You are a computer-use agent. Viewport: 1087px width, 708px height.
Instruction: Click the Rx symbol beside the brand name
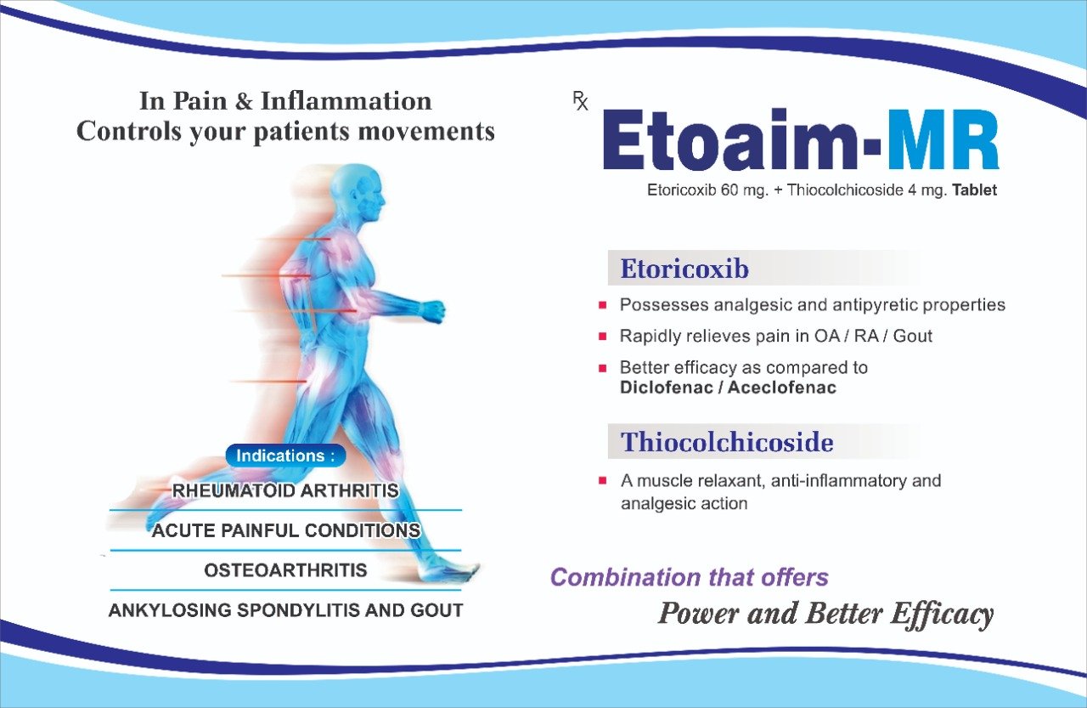pyautogui.click(x=580, y=101)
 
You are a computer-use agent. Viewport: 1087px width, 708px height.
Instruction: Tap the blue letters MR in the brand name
pyautogui.click(x=942, y=139)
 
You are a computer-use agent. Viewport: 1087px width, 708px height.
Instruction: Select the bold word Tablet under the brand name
pyautogui.click(x=974, y=190)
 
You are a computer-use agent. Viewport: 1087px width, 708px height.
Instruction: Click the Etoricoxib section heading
pyautogui.click(x=684, y=269)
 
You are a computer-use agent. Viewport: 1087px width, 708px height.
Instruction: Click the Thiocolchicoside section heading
pyautogui.click(x=727, y=442)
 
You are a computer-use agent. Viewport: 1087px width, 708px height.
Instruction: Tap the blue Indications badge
pyautogui.click(x=286, y=456)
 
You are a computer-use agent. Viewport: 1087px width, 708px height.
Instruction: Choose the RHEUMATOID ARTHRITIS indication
pyautogui.click(x=285, y=490)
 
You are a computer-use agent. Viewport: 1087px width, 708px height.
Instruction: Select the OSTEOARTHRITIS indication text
pyautogui.click(x=285, y=570)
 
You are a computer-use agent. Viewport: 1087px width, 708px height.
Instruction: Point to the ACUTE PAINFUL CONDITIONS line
pyautogui.click(x=286, y=530)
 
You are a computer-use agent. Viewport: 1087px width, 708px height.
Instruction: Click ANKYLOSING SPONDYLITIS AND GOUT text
pyautogui.click(x=286, y=610)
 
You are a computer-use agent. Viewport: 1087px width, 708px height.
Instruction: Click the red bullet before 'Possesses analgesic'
pyautogui.click(x=603, y=305)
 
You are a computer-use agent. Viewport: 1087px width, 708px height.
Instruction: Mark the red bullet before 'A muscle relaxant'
pyautogui.click(x=603, y=481)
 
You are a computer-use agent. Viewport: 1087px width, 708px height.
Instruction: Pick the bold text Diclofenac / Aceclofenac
pyautogui.click(x=729, y=388)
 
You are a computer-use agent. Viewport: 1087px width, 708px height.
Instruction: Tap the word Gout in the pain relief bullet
pyautogui.click(x=913, y=336)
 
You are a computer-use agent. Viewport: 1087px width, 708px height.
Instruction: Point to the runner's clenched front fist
pyautogui.click(x=432, y=311)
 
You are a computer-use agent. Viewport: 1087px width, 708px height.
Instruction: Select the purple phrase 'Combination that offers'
pyautogui.click(x=690, y=577)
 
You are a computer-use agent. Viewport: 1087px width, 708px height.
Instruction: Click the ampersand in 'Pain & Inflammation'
pyautogui.click(x=244, y=101)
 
